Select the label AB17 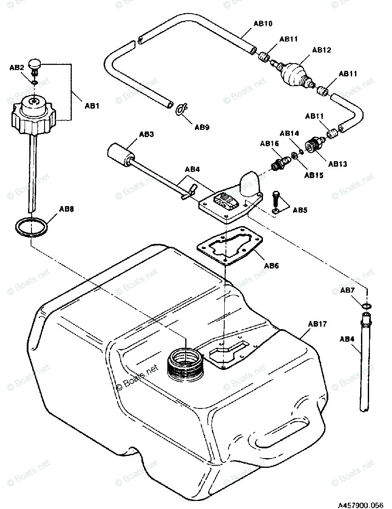pos(317,324)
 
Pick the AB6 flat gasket pos(229,250)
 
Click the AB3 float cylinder pos(119,154)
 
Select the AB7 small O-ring pos(367,306)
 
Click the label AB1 pos(92,106)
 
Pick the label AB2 pos(17,67)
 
